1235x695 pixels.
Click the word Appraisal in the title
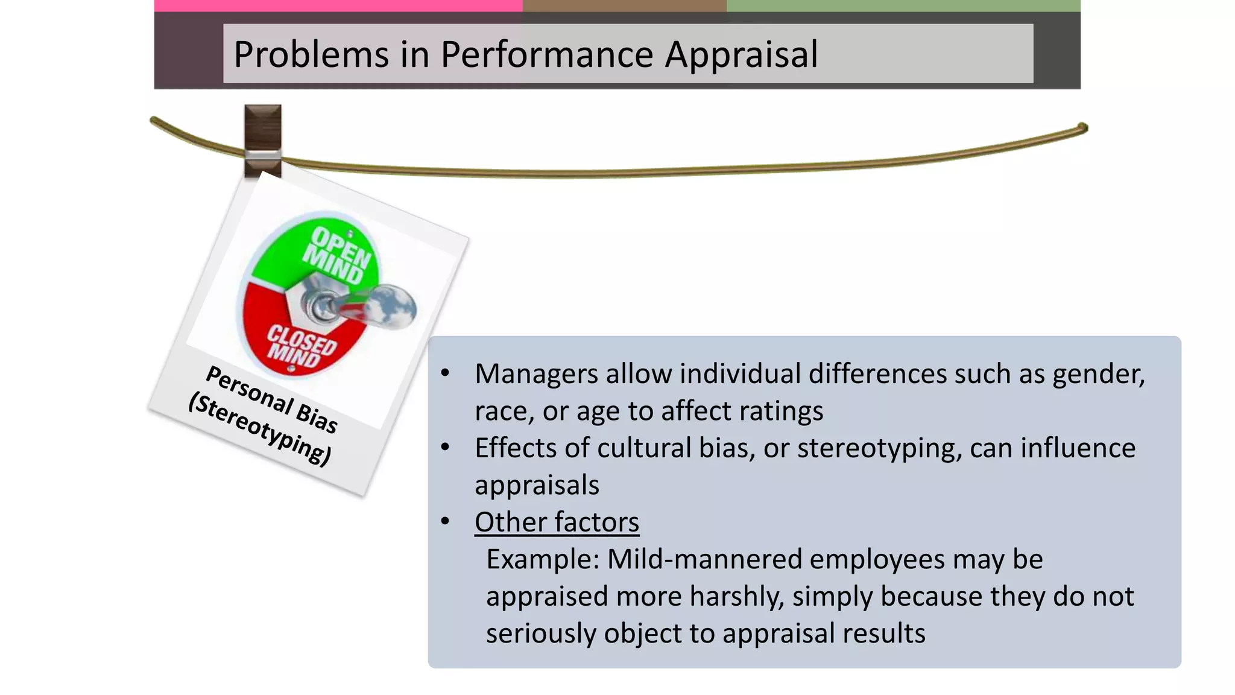(741, 54)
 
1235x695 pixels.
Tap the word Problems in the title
(311, 54)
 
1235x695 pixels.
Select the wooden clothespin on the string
(263, 141)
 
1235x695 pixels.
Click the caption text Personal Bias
(271, 399)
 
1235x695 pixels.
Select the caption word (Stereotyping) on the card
(260, 429)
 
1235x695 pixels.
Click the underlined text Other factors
(557, 522)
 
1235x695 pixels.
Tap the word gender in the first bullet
(1098, 374)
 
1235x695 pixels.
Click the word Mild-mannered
(704, 559)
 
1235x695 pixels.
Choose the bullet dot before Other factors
(445, 521)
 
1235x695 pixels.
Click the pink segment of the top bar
(338, 5)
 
